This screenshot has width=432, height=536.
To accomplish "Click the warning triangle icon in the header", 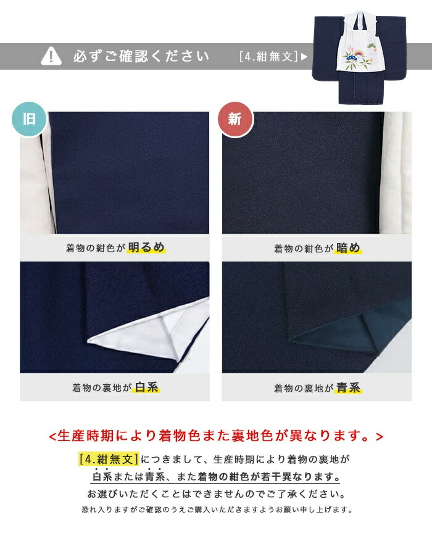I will coord(51,56).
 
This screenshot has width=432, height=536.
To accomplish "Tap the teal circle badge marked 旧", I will coord(29,119).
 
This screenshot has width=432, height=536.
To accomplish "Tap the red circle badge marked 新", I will coord(235,119).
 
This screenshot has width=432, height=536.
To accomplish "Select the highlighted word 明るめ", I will coord(147,248).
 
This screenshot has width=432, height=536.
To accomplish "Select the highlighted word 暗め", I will coord(348,248).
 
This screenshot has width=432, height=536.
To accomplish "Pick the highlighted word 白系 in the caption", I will coord(147,387).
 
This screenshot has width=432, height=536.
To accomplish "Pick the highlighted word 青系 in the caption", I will coord(348,388).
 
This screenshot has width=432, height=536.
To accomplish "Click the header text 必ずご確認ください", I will coord(141,57).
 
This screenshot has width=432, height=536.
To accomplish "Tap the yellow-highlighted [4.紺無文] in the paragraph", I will coord(109,459).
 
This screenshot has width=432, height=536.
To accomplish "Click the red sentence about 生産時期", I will coord(216,436).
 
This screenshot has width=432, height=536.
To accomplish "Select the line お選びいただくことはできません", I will coord(216,494).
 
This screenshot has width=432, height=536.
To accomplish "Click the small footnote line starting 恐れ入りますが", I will coord(216,510).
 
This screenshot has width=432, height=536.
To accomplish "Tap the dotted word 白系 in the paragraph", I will coord(102,477).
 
